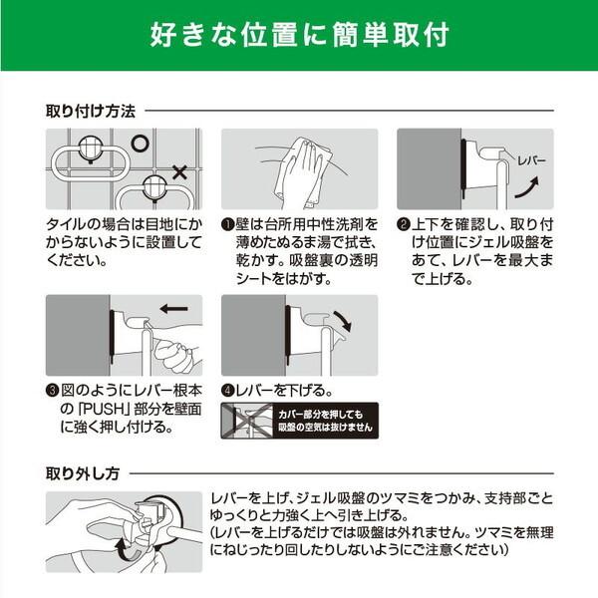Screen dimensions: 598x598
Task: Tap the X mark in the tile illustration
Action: click(x=179, y=173)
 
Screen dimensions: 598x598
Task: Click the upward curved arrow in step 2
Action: click(x=531, y=186)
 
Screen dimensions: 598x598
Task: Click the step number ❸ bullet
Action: click(x=52, y=390)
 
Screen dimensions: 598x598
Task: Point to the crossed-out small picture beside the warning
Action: click(x=239, y=422)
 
